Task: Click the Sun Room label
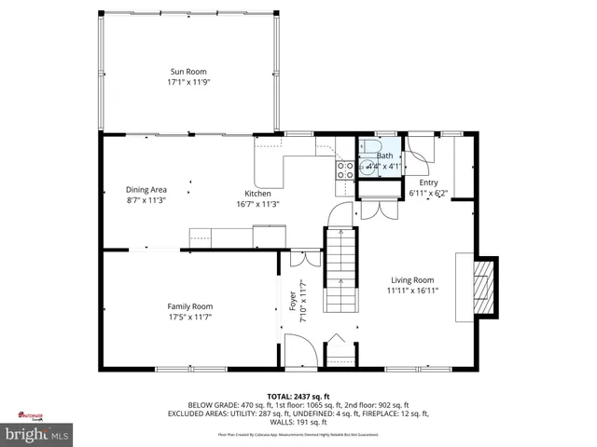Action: click(x=187, y=72)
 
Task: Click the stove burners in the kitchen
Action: click(x=345, y=169)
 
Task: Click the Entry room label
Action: click(x=428, y=183)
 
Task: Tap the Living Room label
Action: click(x=411, y=279)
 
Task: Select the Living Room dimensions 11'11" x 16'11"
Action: click(x=411, y=290)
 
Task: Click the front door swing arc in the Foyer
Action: click(x=298, y=352)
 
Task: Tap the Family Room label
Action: click(x=189, y=306)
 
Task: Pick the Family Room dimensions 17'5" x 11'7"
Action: click(x=189, y=317)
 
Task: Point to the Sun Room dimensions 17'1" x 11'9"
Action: click(x=187, y=82)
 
